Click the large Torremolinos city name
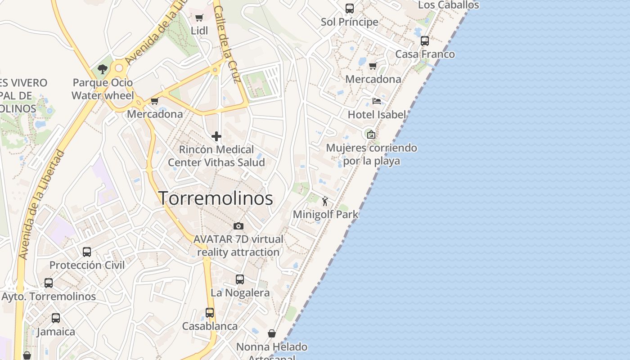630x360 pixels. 216,198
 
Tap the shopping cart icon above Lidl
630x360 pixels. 199,18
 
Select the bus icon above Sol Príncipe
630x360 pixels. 350,9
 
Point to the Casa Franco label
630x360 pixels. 425,54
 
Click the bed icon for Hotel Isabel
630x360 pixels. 377,101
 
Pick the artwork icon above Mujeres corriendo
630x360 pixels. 371,135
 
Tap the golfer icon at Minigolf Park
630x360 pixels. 325,201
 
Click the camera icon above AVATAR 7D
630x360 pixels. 238,226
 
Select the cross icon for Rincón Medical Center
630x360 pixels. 216,136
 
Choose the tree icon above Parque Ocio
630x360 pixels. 103,69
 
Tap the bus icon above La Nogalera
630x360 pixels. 240,279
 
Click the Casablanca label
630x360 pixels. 210,326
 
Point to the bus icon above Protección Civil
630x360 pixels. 87,252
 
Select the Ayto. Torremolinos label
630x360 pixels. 49,297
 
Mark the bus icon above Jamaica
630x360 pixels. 56,318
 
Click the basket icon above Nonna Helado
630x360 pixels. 272,333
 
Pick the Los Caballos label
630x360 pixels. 449,5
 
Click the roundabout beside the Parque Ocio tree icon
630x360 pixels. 119,68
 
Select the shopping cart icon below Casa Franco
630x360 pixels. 373,66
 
